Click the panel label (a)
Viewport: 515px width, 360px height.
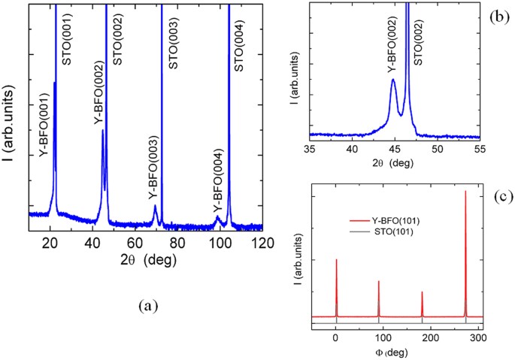[146, 305]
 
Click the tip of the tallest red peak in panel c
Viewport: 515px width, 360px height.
[465, 191]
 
